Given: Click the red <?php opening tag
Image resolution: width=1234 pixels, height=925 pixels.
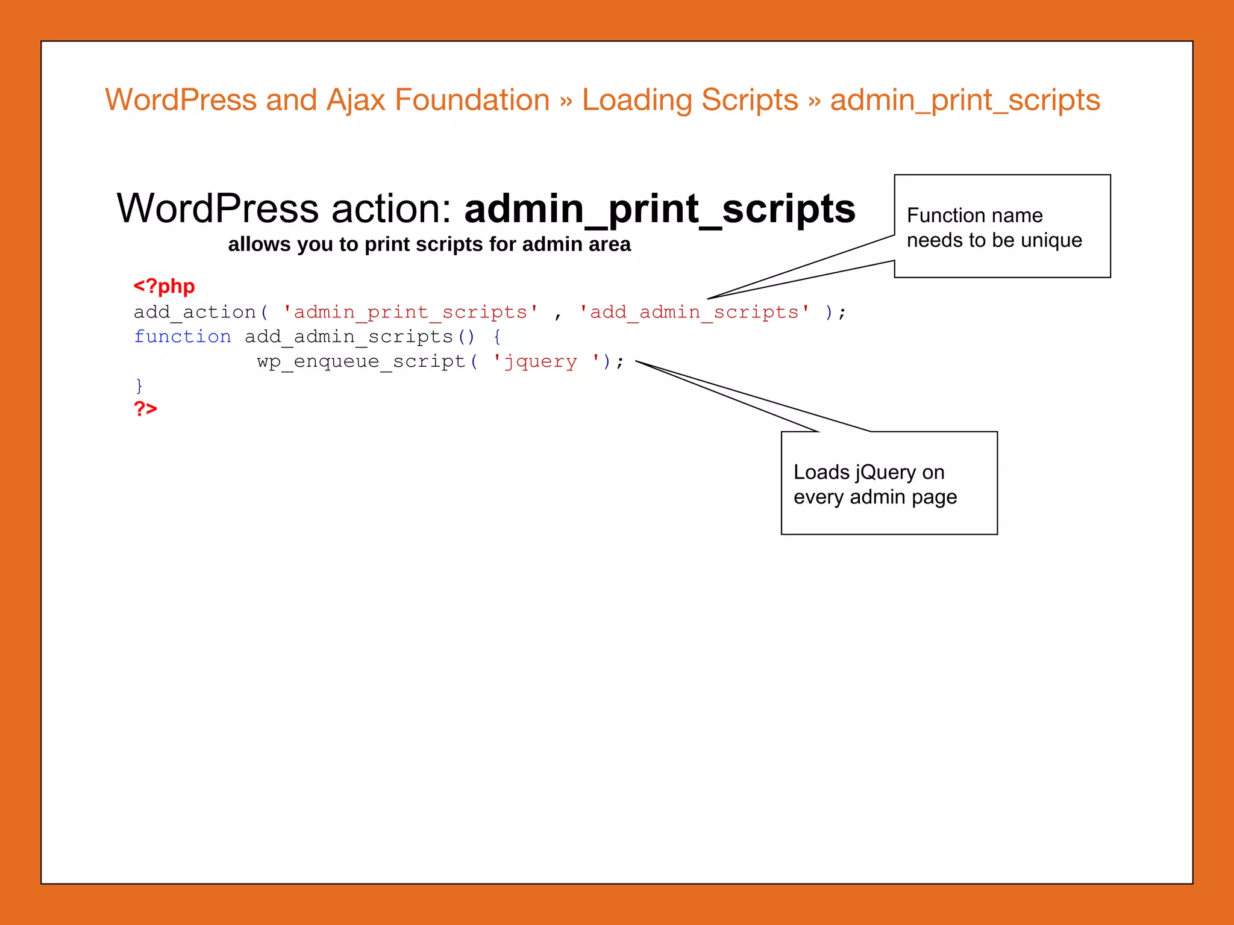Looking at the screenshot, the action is point(164,286).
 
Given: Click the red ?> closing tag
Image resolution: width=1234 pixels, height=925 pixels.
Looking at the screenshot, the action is point(145,409).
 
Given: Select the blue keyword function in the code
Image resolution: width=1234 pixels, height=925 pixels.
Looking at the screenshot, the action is point(182,337).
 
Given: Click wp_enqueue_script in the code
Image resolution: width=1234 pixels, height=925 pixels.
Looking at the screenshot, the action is point(361,361).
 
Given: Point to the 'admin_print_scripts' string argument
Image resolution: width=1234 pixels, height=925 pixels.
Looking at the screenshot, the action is point(410,312).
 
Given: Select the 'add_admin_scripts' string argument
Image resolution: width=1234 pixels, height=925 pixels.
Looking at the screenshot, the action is point(694,312).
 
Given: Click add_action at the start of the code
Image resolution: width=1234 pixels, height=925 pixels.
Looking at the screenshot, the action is point(195,312).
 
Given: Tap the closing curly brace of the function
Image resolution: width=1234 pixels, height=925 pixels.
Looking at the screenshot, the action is point(139,385).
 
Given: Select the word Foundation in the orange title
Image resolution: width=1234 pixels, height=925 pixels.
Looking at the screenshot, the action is point(472,100).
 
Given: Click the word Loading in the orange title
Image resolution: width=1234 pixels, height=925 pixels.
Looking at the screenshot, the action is point(636,100).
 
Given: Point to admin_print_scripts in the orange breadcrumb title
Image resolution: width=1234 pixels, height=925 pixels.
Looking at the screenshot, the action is point(965,100).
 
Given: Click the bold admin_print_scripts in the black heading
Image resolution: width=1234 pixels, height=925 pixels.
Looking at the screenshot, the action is point(660,209).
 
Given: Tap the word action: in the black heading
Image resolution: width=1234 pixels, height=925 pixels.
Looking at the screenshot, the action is point(391,209).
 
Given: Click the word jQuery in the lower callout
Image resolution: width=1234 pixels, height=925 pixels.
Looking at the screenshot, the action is point(885,473).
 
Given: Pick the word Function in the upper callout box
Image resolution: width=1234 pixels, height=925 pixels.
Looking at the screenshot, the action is point(944,215).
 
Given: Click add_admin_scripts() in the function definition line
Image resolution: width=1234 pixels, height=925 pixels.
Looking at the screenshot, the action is point(360,337).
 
